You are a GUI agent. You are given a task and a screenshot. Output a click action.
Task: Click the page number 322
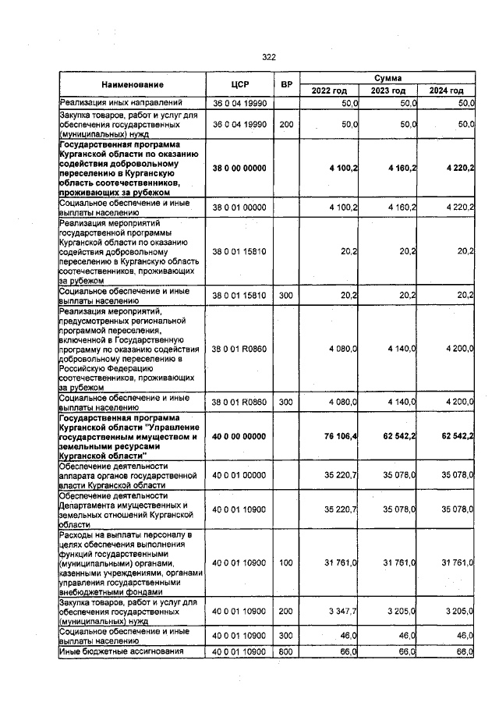269,57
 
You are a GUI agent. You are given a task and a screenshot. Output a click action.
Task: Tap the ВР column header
286,84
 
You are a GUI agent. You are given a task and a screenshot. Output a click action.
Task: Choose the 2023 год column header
388,91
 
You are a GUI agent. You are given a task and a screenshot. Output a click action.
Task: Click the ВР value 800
286,651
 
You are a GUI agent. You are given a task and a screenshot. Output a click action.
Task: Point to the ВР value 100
286,562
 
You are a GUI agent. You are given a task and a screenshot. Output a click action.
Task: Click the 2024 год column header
446,91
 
